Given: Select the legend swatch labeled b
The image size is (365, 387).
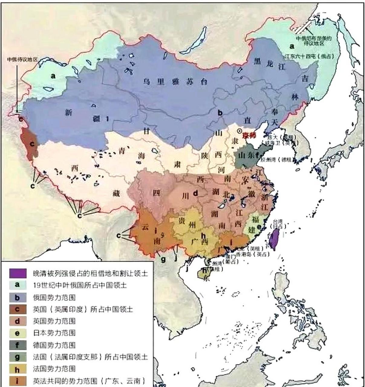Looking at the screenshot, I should point(17,297).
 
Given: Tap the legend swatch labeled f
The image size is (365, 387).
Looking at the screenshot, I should point(17,345).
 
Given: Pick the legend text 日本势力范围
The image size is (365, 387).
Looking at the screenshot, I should point(54,333).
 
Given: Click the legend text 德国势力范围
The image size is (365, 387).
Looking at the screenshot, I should point(54,345).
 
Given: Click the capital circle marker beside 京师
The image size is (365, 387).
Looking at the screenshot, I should point(240,131).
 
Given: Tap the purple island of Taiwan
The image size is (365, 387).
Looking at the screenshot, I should point(274,239).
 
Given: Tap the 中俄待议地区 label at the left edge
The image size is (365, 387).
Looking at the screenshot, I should point(23,60).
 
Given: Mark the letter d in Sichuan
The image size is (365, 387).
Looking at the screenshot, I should point(196,193).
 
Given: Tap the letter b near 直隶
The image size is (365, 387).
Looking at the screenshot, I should point(220,113).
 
